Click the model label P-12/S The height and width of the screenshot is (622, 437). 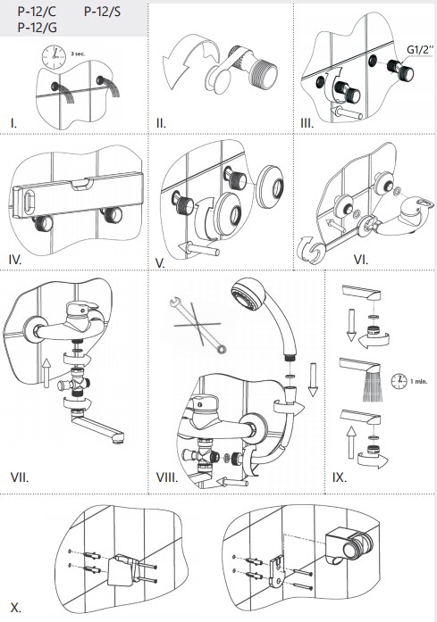(x=102, y=12)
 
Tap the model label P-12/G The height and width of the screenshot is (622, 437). (x=38, y=28)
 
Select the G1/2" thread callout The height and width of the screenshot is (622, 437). (x=420, y=50)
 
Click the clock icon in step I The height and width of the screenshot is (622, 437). (x=54, y=57)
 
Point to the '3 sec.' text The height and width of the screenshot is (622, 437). (x=78, y=54)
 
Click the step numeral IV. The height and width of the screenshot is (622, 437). (x=15, y=260)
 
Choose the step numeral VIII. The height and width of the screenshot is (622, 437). (x=167, y=477)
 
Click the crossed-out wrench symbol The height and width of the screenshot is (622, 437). (x=197, y=325)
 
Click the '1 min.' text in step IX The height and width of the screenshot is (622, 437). (x=419, y=381)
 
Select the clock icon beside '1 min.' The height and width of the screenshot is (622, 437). (x=399, y=381)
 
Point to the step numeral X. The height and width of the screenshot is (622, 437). (x=15, y=608)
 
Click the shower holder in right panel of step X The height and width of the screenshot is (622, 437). (x=349, y=543)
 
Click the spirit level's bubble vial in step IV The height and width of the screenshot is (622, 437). (x=81, y=183)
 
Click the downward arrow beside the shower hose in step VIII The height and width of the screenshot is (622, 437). (x=313, y=379)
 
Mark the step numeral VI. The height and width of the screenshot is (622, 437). (x=361, y=260)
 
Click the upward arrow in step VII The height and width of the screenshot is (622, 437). (x=46, y=373)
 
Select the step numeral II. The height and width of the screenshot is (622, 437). (x=161, y=123)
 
